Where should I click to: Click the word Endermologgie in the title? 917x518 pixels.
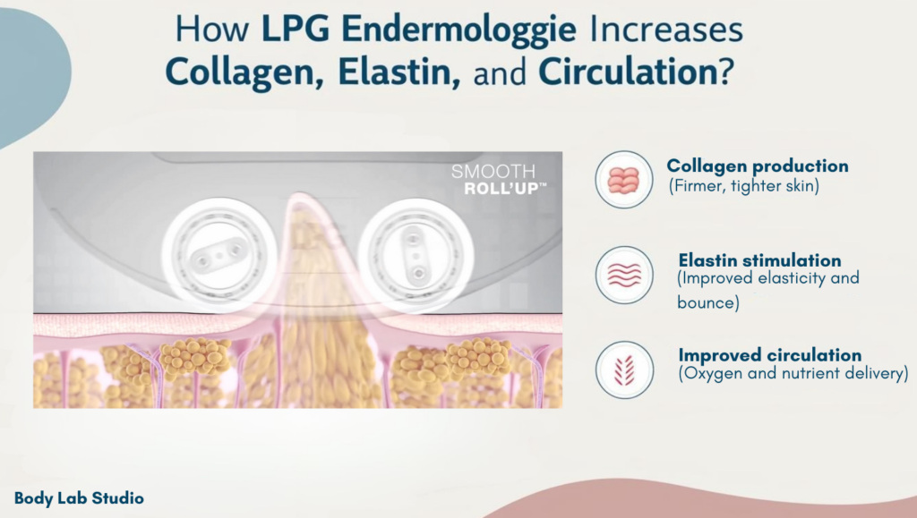[458, 30]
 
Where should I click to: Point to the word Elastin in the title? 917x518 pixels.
[399, 72]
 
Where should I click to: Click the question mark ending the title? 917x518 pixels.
[725, 72]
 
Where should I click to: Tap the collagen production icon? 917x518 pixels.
[624, 179]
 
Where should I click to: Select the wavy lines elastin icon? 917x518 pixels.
[624, 275]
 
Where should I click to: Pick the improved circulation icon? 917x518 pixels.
[624, 369]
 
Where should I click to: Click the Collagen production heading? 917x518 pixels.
[758, 166]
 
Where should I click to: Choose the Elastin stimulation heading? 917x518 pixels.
[759, 259]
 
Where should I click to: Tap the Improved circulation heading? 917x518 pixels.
[769, 355]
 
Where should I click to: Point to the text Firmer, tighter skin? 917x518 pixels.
[744, 186]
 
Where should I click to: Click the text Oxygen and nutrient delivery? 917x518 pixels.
[793, 373]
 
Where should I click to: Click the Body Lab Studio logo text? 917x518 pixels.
[79, 498]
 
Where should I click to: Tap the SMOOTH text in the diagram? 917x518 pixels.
[493, 171]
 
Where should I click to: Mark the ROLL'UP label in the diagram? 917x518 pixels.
[505, 189]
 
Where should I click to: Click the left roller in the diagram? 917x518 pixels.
[219, 256]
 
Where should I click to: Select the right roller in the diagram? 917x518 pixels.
[416, 256]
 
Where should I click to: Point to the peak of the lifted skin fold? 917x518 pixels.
[299, 195]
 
